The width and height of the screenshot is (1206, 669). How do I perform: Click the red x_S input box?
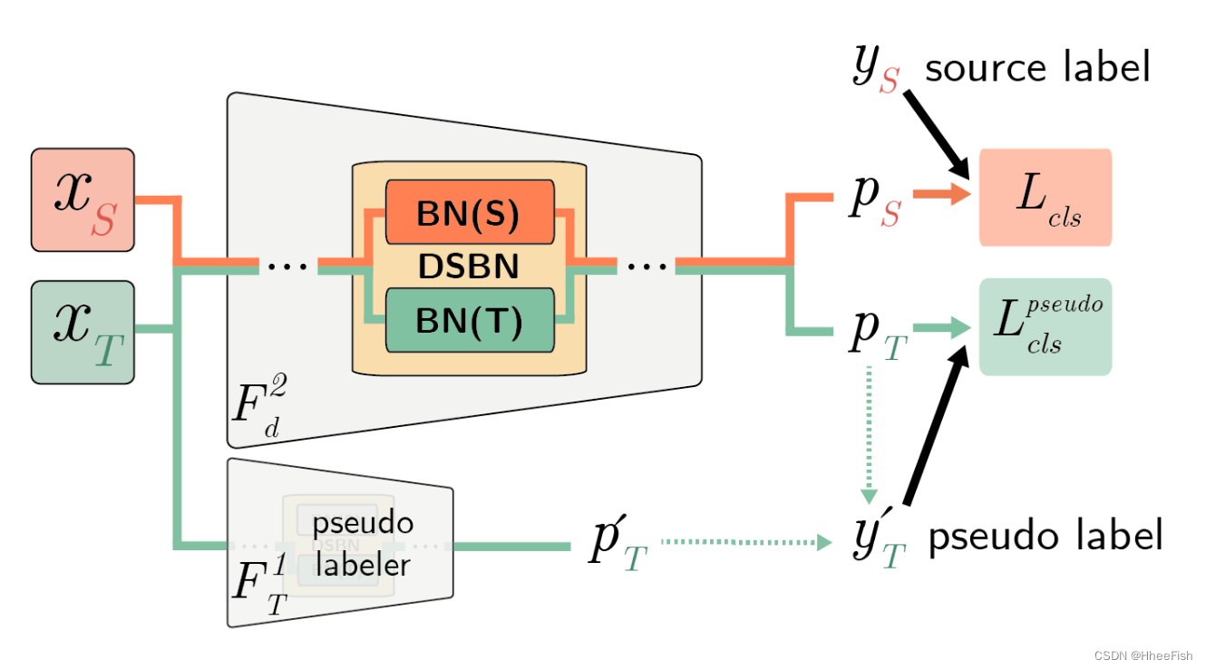[x=83, y=199]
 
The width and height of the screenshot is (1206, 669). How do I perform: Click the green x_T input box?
[x=83, y=332]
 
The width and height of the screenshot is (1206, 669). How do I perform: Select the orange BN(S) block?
[x=469, y=212]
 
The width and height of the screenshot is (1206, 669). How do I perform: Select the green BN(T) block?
[x=469, y=321]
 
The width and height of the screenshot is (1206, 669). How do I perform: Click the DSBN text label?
[x=469, y=267]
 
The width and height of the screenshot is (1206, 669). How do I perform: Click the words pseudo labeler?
[x=363, y=544]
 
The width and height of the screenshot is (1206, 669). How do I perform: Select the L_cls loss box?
[x=1045, y=198]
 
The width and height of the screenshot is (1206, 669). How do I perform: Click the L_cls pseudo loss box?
[x=1045, y=327]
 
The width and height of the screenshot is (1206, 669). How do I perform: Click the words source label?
[x=1037, y=67]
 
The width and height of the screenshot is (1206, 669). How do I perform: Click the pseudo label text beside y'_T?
[x=1045, y=537]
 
